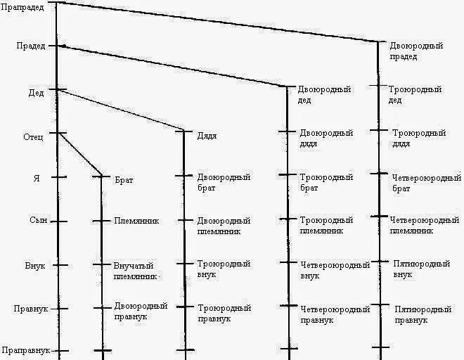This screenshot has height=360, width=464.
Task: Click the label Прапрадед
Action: coord(22,7)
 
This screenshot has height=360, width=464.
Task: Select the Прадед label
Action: coord(31,46)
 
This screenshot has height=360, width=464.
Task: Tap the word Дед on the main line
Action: coord(36,93)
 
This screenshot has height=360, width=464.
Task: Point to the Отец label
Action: coord(33,137)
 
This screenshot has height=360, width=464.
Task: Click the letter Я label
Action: coord(37,179)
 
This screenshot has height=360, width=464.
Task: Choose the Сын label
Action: coord(39,220)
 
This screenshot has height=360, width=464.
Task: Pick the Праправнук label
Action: coord(26,351)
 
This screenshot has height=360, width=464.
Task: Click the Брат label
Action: coord(124,180)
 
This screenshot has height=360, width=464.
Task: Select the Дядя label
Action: coord(207,136)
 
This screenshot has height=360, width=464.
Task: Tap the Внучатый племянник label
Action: coord(135,271)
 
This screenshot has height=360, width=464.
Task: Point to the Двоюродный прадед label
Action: coord(416,51)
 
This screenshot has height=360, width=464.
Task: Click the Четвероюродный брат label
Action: coord(427,184)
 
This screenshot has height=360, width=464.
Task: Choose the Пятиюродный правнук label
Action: coord(423,315)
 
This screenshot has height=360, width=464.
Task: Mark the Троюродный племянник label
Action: coord(327,225)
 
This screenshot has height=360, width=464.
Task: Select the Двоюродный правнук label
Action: coord(141,311)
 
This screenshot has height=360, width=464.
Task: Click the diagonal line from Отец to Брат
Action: coord(80,154)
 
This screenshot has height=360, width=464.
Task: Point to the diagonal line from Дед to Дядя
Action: coord(121,110)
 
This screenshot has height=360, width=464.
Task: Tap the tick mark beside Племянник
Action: coord(101,221)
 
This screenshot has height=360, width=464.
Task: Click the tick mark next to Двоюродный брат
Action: coord(183,176)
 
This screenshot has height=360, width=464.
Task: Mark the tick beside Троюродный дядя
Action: coord(379,130)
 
